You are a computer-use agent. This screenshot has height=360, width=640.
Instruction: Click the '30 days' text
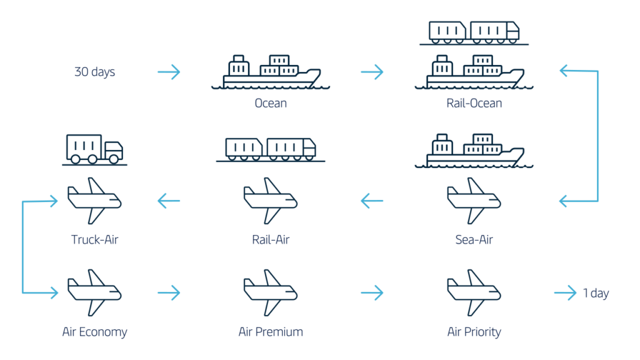tap(95, 72)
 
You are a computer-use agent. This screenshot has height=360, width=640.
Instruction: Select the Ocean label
tap(271, 103)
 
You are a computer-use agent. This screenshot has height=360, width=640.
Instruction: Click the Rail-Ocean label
tap(474, 103)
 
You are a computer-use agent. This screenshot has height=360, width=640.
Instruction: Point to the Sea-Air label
tap(474, 239)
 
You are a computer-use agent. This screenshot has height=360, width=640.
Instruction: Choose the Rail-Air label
tap(271, 239)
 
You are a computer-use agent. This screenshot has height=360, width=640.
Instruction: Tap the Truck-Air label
tap(94, 239)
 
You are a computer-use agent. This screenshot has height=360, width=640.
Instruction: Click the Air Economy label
tap(94, 332)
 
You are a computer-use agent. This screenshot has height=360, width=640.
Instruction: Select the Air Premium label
tap(271, 332)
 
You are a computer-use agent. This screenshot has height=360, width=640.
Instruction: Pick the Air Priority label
tap(474, 332)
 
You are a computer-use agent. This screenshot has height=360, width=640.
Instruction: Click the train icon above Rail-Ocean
tap(474, 31)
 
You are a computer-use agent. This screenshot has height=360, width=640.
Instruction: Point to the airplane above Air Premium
tap(271, 292)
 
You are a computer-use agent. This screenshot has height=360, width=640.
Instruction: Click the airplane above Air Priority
tap(474, 292)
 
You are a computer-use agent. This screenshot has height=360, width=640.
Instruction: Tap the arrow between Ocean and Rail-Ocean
tap(372, 72)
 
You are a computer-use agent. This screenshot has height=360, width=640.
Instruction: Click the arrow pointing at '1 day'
tap(565, 293)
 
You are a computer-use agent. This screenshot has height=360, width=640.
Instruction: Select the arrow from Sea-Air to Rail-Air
tap(372, 201)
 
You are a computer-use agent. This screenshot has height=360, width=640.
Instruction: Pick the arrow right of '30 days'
tap(168, 72)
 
